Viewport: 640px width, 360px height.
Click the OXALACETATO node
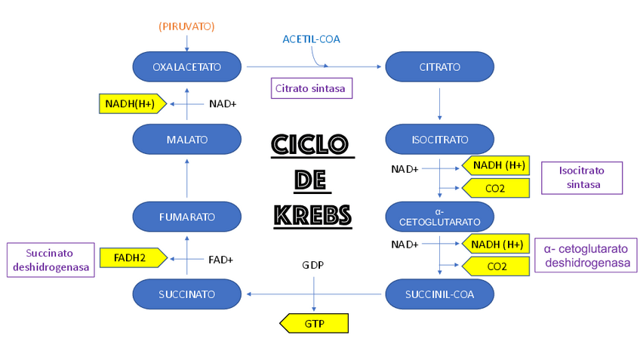click(x=186, y=67)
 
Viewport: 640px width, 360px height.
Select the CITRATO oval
click(x=439, y=67)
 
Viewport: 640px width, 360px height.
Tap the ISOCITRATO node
click(x=439, y=140)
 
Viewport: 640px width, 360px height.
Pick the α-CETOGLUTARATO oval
click(x=439, y=217)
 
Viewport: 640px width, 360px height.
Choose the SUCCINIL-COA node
click(x=439, y=294)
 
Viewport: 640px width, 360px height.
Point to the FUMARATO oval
click(x=186, y=217)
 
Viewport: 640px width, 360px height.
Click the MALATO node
click(x=186, y=140)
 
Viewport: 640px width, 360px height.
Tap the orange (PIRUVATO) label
click(x=186, y=26)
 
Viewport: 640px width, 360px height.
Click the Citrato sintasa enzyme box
click(x=312, y=88)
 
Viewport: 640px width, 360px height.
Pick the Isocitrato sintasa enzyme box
click(x=581, y=178)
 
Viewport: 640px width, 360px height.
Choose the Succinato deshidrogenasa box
click(x=51, y=260)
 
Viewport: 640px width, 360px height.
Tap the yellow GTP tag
click(x=314, y=324)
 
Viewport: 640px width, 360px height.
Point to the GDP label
click(x=313, y=266)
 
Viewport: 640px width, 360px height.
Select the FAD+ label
click(x=220, y=260)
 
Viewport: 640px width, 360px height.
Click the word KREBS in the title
click(x=312, y=216)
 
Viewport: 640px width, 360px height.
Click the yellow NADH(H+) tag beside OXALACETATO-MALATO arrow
click(x=131, y=103)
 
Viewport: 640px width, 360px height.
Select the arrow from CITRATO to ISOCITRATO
click(x=439, y=103)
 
